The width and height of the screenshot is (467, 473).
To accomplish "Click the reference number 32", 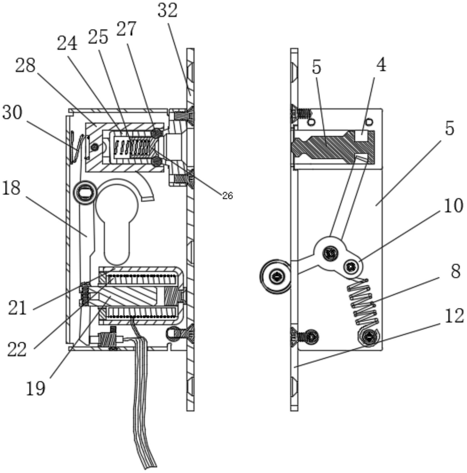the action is point(167,11).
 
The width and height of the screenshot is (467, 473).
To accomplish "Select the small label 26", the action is point(227,196).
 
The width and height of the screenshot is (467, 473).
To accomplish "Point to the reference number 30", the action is point(12,112).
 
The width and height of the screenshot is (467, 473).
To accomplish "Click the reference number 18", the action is point(11,188).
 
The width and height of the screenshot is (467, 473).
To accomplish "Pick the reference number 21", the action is point(17,308).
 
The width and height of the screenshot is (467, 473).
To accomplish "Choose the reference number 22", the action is point(17,349).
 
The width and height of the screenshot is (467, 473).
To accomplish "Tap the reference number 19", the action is point(35,388).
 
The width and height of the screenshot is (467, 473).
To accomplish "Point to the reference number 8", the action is point(455,271).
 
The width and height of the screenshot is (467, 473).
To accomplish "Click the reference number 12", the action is point(455,316).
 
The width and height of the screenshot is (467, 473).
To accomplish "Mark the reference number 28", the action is point(26,65).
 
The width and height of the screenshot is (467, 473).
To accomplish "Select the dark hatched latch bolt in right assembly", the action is point(333,147).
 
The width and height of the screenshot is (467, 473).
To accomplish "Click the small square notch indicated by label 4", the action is point(361,137).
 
